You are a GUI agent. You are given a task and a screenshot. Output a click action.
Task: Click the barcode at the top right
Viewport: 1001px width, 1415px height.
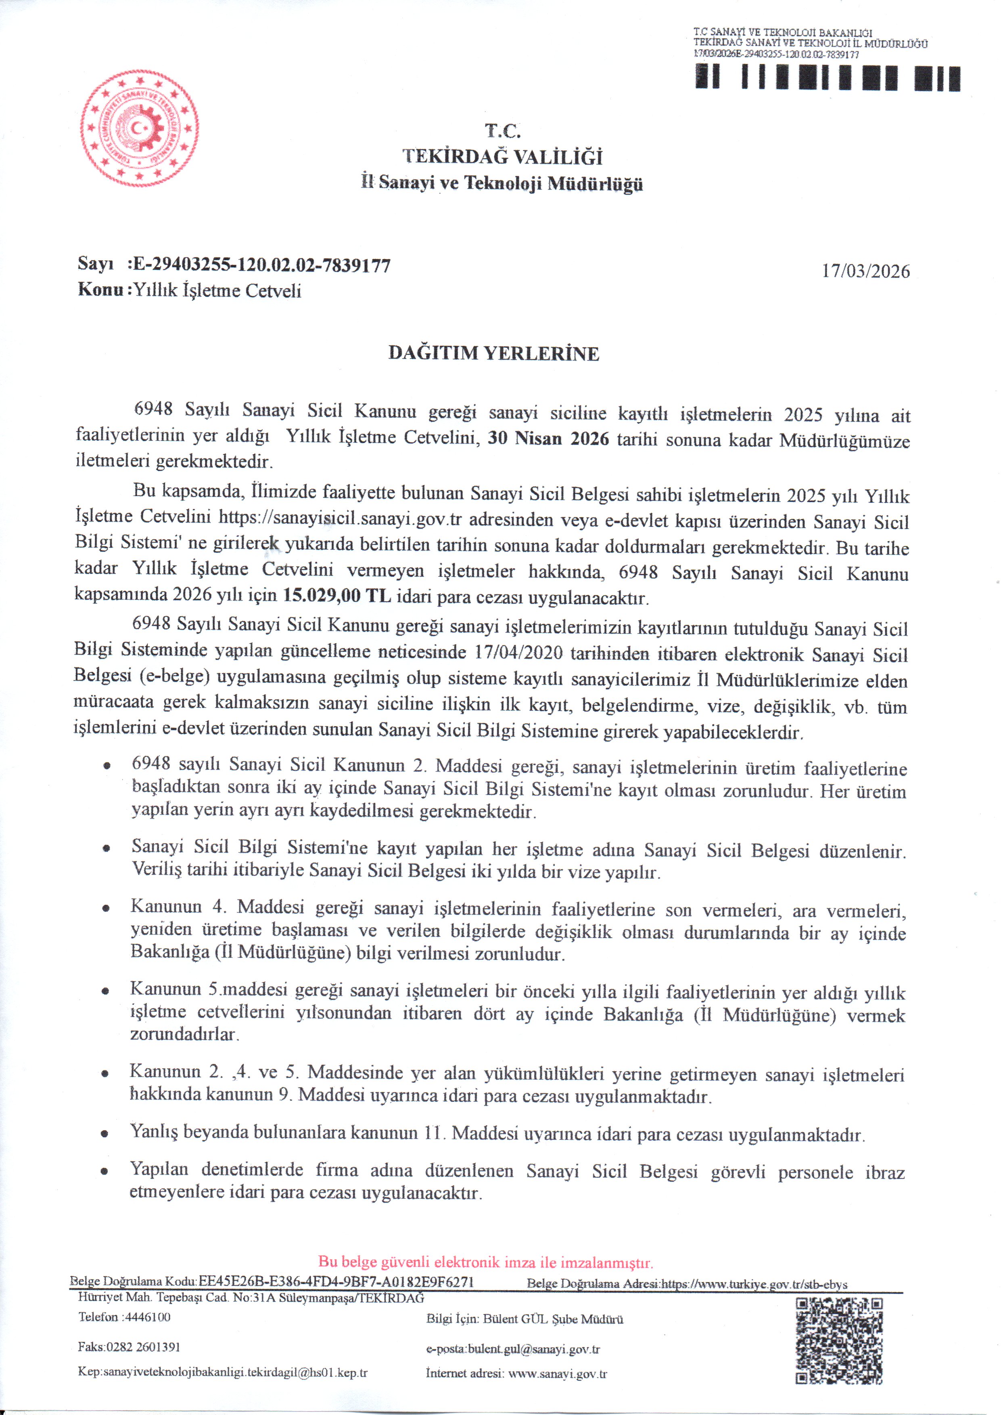pos(828,78)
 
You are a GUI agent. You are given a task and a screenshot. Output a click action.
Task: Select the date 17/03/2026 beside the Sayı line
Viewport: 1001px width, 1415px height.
pos(865,271)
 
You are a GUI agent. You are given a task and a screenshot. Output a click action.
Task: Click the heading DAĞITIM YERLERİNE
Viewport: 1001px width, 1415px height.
pos(494,353)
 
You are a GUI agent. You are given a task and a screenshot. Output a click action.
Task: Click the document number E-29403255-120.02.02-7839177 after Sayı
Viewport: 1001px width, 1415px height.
pos(262,265)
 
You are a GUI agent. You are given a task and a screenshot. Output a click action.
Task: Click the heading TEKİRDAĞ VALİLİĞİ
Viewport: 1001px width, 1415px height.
pos(502,157)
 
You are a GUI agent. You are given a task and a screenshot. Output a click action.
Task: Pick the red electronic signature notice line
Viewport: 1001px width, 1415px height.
pos(486,1262)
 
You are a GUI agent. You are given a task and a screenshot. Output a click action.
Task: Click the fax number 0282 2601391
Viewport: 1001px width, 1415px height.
pos(143,1346)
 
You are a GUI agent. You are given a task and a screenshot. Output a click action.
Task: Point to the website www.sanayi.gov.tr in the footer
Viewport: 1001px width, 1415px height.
pos(558,1374)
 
